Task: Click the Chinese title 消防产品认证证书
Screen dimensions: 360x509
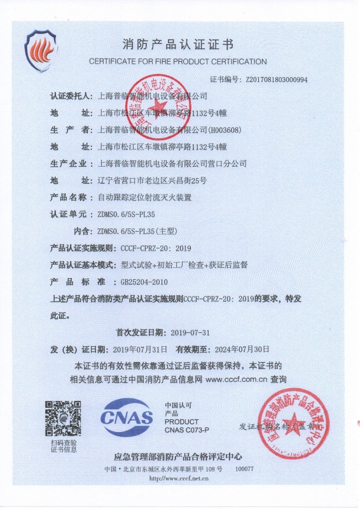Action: tap(177, 45)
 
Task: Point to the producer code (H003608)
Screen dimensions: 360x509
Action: tap(225, 130)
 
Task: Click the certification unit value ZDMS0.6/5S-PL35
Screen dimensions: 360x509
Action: tap(125, 214)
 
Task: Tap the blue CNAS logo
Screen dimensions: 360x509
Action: tap(127, 417)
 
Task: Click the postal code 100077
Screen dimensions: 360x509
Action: tap(245, 469)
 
